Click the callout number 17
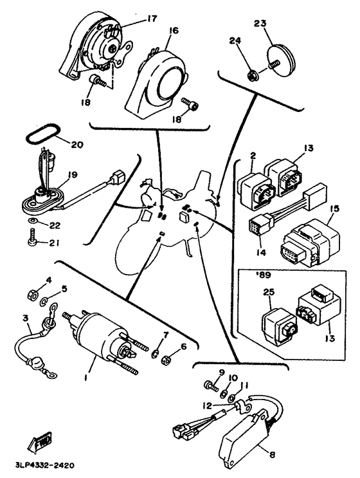pos(151,19)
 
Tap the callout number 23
pos(260,23)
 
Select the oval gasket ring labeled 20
pos(42,133)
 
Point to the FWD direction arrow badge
pos(40,442)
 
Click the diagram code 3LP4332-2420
pos(44,466)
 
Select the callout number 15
pos(334,210)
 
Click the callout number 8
pos(272,455)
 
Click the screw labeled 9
pos(210,385)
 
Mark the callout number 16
pos(174,31)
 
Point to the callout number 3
pos(25,318)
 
